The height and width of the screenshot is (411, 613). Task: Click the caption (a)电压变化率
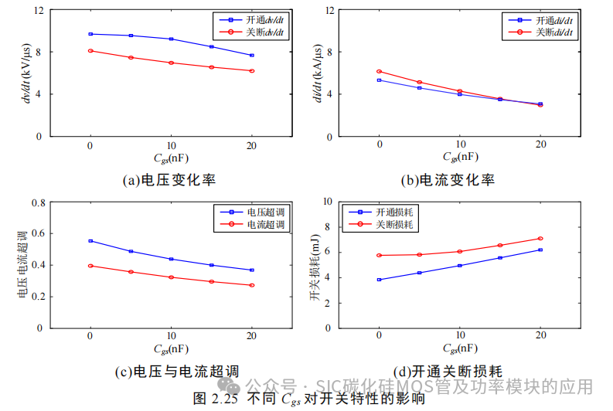point(169,180)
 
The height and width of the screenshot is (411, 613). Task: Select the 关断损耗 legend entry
point(394,224)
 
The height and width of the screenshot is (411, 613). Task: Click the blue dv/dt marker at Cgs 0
point(90,34)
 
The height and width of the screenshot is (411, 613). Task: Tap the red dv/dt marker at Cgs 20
point(252,71)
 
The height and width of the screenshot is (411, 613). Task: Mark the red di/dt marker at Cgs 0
point(379,71)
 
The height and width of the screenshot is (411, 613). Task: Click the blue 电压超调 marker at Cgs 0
point(90,241)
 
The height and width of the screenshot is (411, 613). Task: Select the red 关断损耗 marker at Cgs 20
point(540,239)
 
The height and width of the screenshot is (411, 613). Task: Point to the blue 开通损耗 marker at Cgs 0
point(379,280)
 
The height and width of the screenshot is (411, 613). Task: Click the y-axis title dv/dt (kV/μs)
point(27,73)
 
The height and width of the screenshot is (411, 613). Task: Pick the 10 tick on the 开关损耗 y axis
point(327,202)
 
